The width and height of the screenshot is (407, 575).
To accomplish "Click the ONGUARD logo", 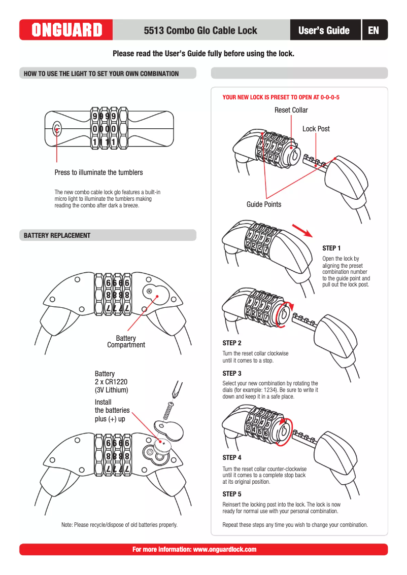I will click(x=66, y=30).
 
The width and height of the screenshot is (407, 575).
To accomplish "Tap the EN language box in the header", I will click(x=374, y=30).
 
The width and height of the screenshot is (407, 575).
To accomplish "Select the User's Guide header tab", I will click(x=324, y=30).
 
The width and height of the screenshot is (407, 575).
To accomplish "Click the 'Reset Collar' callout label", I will click(x=291, y=110).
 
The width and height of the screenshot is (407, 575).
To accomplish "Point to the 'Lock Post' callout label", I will click(x=316, y=129).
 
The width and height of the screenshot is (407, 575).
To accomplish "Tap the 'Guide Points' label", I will click(x=264, y=204).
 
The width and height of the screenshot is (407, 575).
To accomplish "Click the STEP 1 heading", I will click(x=332, y=248).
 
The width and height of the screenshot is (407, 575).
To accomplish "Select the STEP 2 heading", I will click(x=232, y=343).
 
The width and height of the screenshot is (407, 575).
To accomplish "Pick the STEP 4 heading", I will click(x=232, y=457).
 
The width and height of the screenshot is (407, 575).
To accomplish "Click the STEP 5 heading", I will click(x=232, y=494).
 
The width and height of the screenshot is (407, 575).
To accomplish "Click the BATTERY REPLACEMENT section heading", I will click(x=57, y=235).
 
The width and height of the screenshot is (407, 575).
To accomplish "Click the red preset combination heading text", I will click(x=281, y=96).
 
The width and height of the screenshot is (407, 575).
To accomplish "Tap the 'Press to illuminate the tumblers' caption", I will click(x=99, y=172).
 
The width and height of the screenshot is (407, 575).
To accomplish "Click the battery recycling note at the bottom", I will click(x=119, y=525).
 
